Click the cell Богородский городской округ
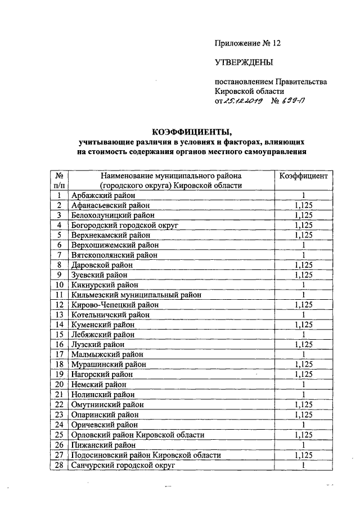point(116,225)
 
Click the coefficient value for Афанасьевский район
point(303,205)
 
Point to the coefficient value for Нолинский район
point(303,395)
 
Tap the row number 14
point(58,325)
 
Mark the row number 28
point(58,465)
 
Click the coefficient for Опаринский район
point(303,415)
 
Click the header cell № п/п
point(58,181)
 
